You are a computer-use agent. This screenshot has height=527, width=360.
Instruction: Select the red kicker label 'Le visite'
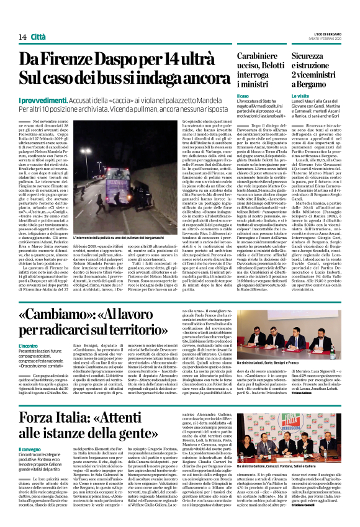[300, 97]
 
